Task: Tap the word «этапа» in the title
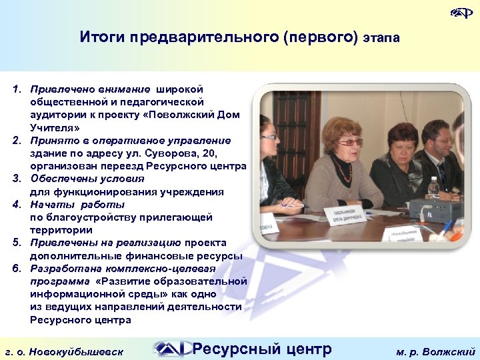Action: pos(381,38)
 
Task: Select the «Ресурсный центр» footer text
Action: pos(261,349)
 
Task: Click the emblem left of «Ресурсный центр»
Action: pos(169,349)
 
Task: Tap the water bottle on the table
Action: pos(433,188)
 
